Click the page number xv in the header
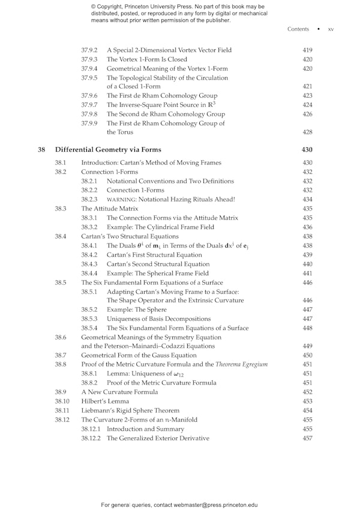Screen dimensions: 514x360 (x=331, y=29)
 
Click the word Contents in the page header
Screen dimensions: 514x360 (x=298, y=29)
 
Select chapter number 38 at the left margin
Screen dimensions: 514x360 (x=41, y=149)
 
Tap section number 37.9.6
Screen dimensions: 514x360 (x=89, y=95)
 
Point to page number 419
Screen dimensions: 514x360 (x=307, y=50)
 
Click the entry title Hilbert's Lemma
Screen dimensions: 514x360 (x=104, y=401)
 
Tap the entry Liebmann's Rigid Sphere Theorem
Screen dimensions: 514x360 (x=125, y=410)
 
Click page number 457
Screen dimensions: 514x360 (x=307, y=438)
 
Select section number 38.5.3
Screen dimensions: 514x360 (x=89, y=318)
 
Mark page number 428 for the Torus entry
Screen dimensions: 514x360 (x=307, y=132)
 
